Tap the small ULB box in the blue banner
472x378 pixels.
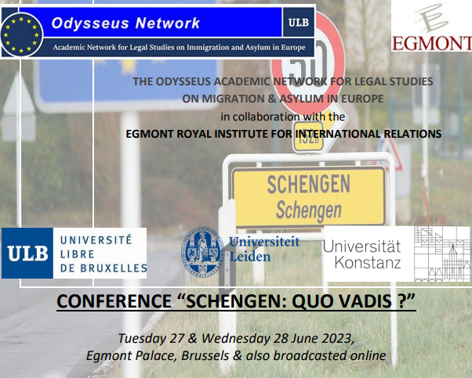point(298,23)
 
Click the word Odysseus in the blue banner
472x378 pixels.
point(90,23)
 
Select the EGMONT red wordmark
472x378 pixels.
point(432,43)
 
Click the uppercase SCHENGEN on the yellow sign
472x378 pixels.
point(309,184)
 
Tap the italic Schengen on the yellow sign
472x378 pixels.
point(309,210)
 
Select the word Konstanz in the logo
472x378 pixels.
point(368,262)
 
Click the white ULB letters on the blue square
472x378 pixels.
point(27,253)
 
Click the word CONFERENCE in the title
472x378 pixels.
point(114,301)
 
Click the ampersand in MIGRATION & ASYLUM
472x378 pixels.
point(272,99)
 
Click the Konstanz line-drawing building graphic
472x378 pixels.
point(442,254)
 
